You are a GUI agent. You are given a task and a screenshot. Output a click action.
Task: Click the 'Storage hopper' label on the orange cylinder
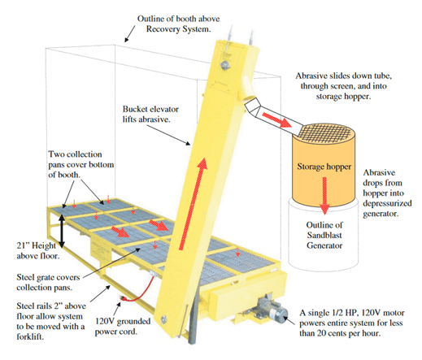tap(324, 167)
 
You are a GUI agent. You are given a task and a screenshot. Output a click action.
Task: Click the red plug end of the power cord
tap(123, 298)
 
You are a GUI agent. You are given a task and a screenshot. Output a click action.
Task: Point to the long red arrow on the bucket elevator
tap(193, 204)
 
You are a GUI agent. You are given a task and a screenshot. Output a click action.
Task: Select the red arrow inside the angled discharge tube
tap(276, 119)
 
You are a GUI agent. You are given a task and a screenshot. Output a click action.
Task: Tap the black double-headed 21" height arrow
tap(62, 231)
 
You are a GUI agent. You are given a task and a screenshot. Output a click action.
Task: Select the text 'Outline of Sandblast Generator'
tap(324, 235)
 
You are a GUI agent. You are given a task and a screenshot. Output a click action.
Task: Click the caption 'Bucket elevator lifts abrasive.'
tap(150, 114)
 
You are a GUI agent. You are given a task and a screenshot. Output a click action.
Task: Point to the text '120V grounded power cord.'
tap(123, 326)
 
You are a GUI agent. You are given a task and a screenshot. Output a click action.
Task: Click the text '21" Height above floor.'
tap(37, 250)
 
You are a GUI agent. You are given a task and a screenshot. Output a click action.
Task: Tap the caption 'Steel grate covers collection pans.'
tap(48, 282)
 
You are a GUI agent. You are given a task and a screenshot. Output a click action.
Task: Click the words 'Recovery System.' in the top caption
tap(178, 29)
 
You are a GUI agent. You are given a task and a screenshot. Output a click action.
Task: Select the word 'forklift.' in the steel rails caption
tap(30, 336)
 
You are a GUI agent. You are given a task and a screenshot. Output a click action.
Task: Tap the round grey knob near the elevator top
tap(224, 65)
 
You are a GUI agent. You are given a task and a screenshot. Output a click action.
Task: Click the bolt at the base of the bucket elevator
tap(163, 319)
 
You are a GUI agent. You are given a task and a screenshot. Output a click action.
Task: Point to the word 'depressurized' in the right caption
tap(387, 203)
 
